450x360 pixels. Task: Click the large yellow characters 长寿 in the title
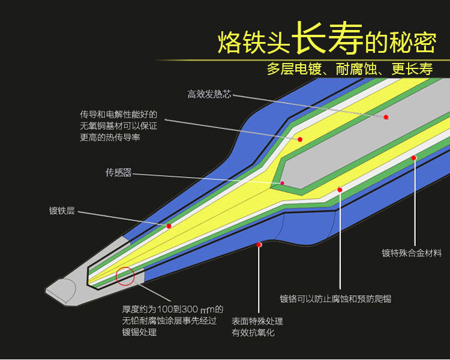pos(328,39)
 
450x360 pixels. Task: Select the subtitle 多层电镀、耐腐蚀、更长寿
pos(350,70)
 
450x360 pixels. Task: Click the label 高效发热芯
pos(209,94)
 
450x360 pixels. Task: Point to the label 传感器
pos(118,173)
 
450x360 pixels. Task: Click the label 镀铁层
pos(62,211)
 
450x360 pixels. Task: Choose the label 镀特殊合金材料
pos(412,253)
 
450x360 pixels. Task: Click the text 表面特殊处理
pos(257,321)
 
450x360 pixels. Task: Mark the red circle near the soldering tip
pos(126,275)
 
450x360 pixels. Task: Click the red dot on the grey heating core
pos(386,117)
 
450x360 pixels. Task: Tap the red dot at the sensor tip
pos(282,183)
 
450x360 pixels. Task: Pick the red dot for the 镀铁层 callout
pos(169,226)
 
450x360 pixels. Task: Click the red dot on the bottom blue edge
pos(259,244)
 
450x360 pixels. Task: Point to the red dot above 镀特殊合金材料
pos(413,158)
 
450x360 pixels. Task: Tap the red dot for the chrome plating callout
pos(340,190)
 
